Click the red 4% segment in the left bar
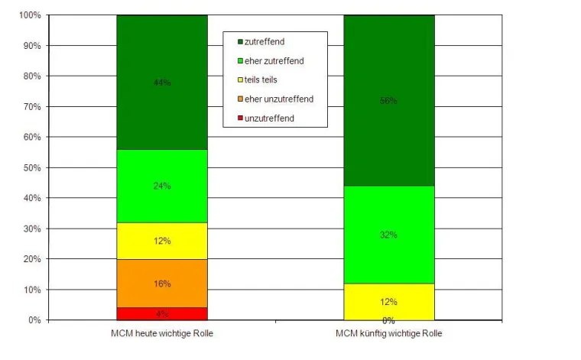click(161, 313)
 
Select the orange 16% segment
click(161, 284)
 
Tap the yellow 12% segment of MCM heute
click(161, 241)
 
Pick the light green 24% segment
click(161, 186)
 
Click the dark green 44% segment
click(161, 82)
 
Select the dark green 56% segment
click(388, 100)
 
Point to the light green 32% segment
click(388, 235)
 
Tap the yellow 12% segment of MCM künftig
click(388, 302)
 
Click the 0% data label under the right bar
click(388, 320)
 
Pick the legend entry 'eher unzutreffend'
click(279, 99)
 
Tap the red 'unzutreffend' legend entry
click(269, 118)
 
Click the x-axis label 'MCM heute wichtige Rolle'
click(161, 334)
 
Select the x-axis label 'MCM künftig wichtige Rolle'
click(388, 334)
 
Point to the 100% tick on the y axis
click(29, 15)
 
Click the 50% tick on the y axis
click(31, 167)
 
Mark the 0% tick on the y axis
click(34, 320)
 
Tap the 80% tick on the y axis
click(31, 76)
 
